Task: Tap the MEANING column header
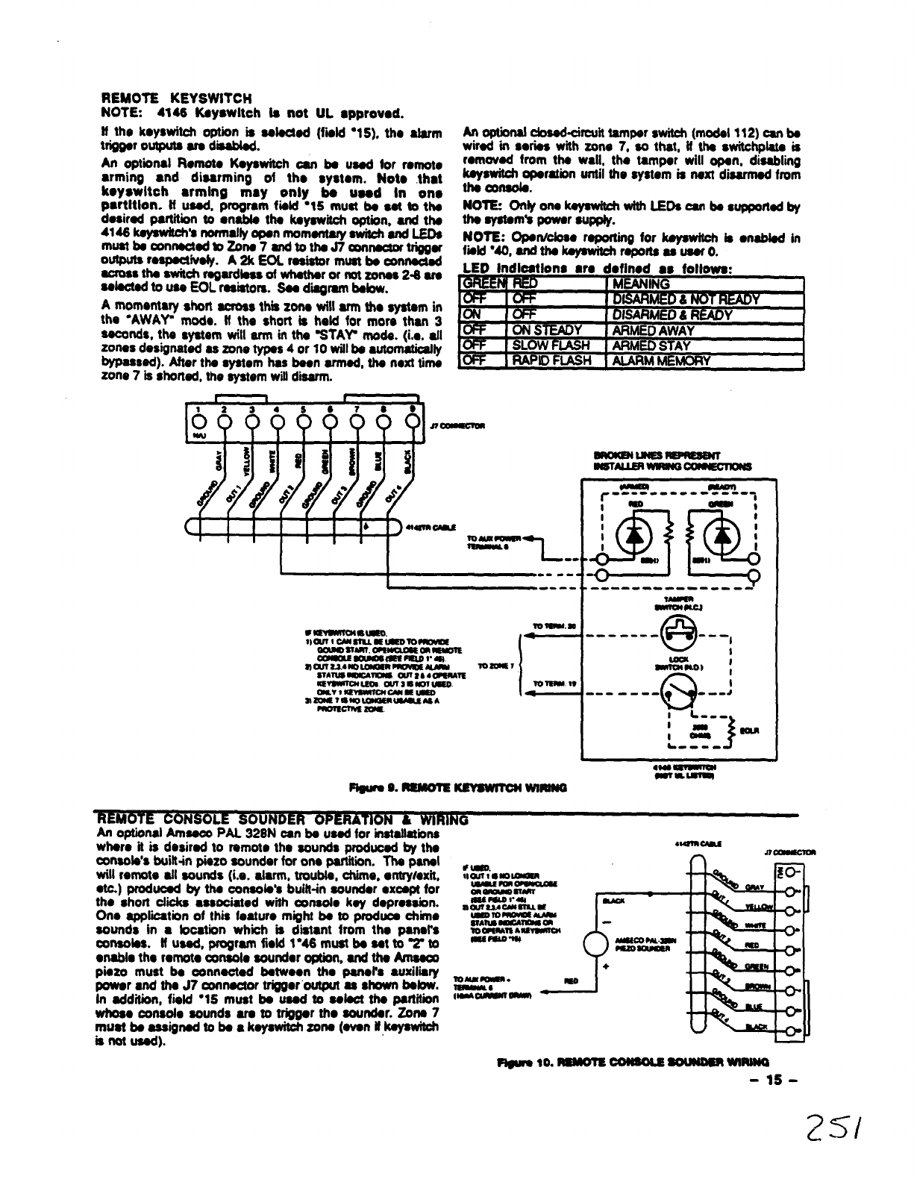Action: (639, 284)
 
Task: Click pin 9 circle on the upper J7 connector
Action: (410, 422)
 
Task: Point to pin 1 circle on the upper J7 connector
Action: (197, 422)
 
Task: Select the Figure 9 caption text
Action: (458, 787)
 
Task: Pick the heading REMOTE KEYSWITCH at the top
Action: (177, 98)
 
